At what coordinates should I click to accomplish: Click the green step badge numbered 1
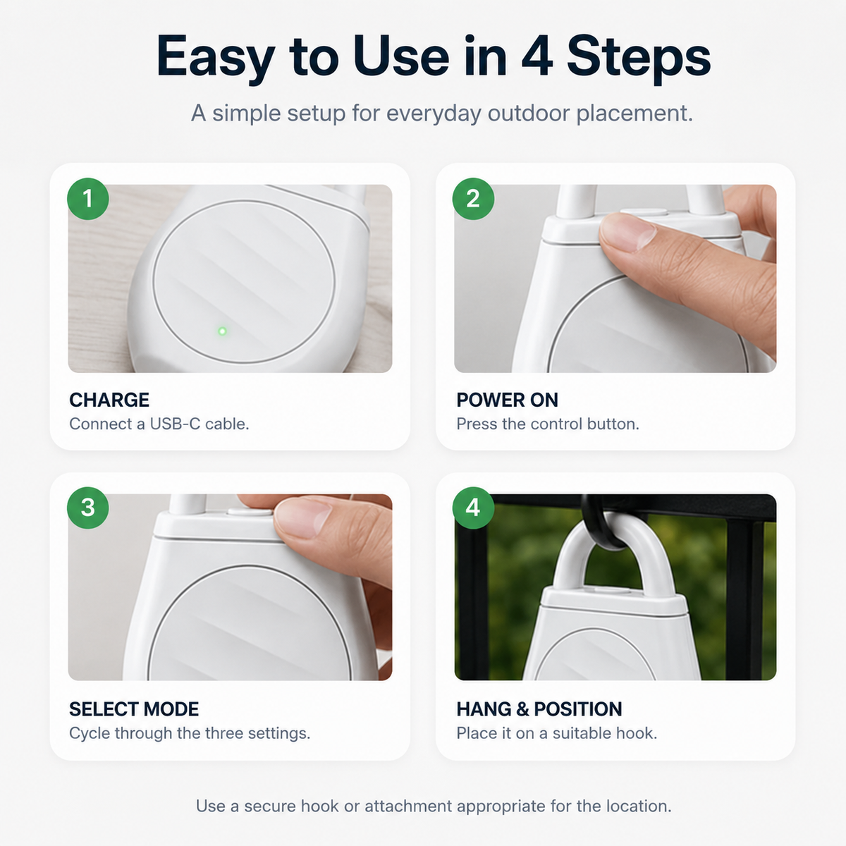point(88,199)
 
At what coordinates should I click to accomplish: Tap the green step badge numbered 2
point(473,199)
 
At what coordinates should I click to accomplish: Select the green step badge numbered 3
point(88,508)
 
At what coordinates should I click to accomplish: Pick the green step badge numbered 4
point(473,508)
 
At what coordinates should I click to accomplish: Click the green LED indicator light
point(223,331)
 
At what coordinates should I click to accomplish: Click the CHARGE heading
point(109,400)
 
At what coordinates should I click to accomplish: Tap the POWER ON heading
point(507,400)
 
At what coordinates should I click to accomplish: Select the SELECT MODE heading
point(134,709)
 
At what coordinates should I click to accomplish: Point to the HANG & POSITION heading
point(539,709)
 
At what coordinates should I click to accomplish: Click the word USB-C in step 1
point(175,424)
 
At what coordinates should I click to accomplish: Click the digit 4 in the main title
point(537,58)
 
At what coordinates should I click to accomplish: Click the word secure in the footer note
point(269,807)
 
